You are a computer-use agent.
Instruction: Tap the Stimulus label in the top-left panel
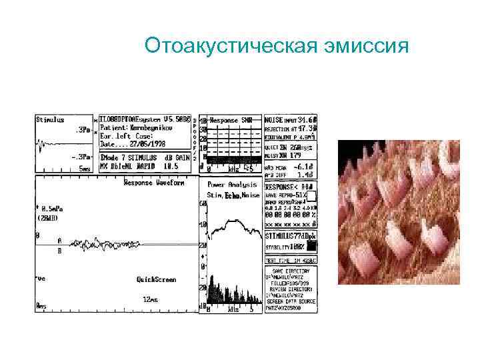click(51, 121)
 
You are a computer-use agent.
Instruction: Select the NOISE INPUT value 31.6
click(307, 119)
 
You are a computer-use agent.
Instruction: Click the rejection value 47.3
click(307, 127)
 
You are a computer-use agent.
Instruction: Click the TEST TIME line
click(291, 260)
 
